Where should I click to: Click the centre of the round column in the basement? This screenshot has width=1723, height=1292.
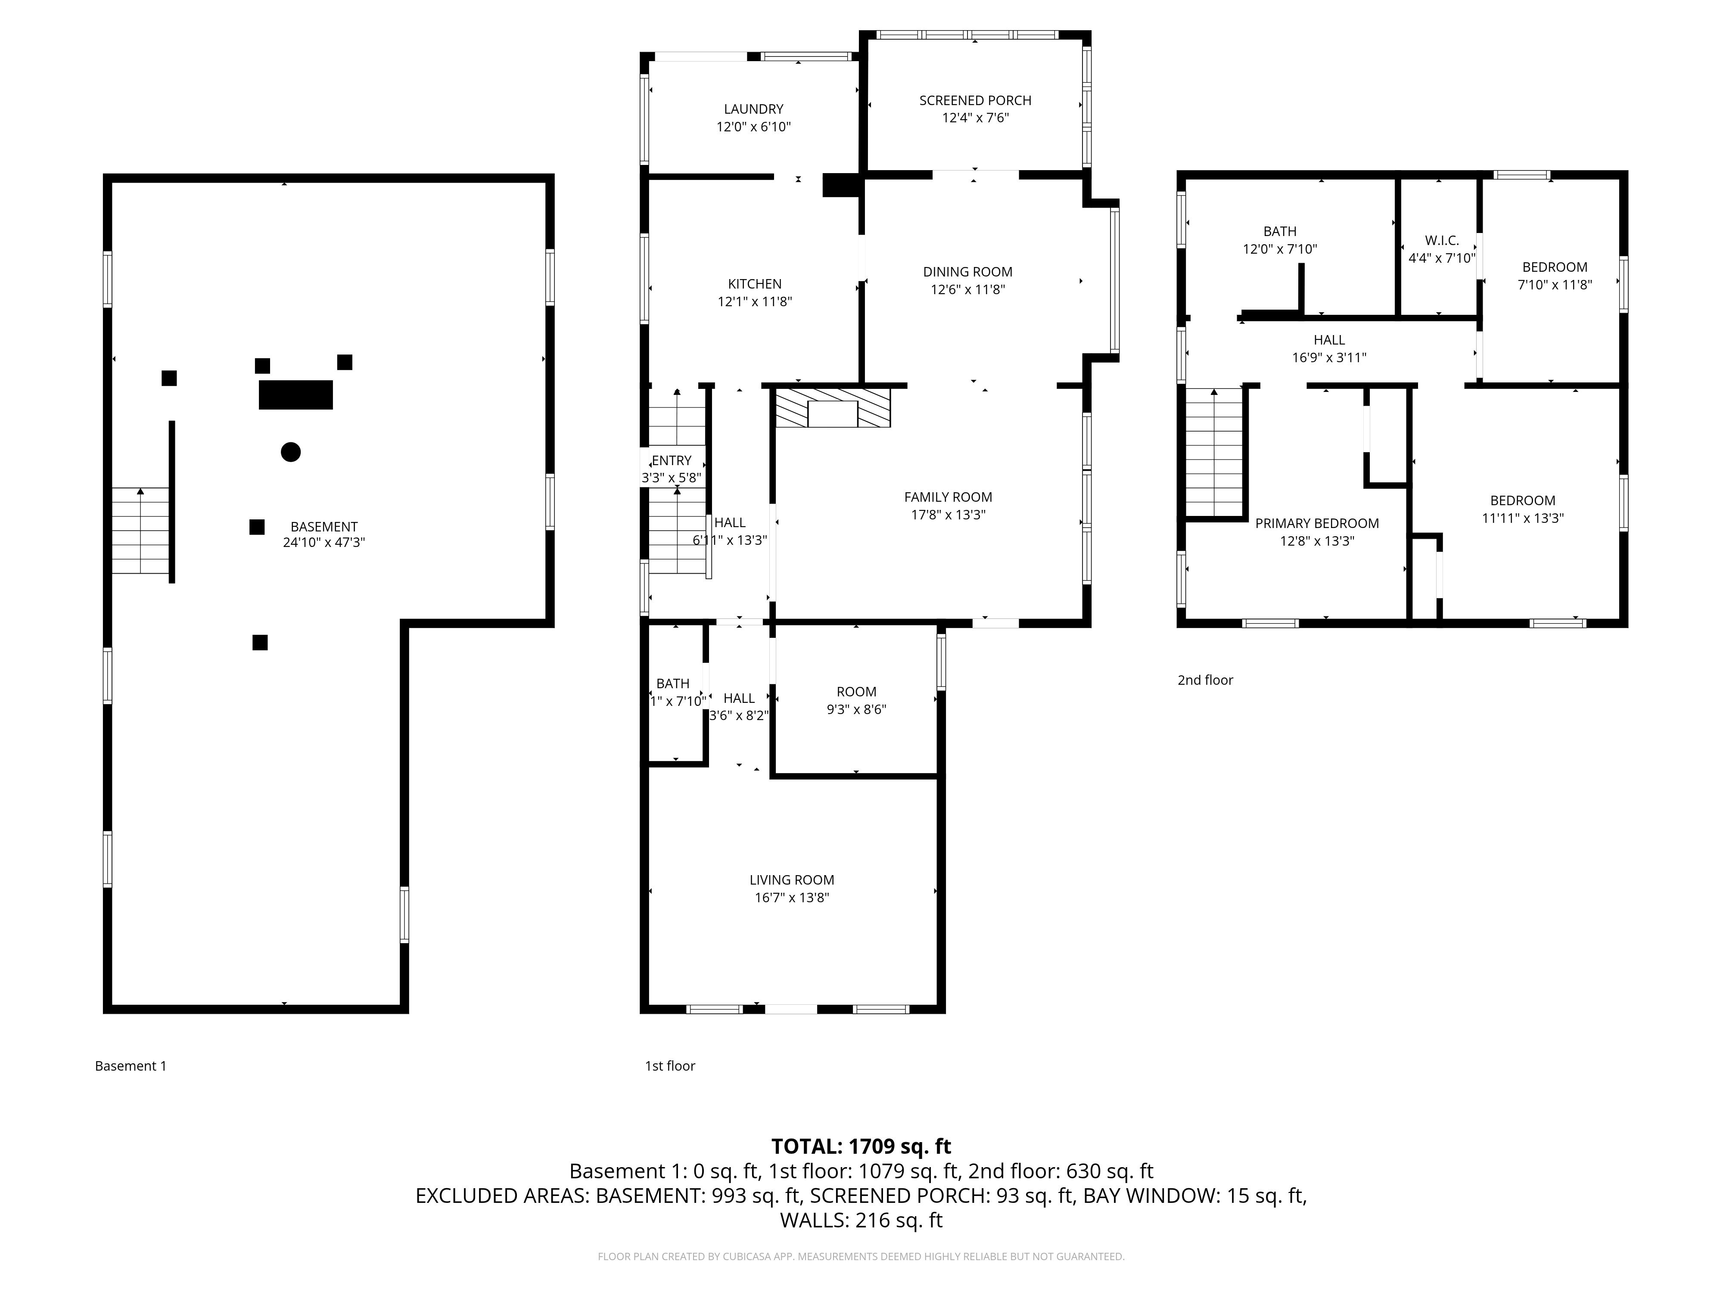(x=291, y=452)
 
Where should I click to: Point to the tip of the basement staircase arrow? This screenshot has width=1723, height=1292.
(x=140, y=488)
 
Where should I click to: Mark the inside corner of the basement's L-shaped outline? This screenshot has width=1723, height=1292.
(x=405, y=623)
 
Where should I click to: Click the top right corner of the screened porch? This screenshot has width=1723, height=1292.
(x=1087, y=35)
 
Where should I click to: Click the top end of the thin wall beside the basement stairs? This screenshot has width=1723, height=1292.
(x=172, y=422)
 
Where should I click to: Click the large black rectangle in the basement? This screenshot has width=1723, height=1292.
(x=296, y=395)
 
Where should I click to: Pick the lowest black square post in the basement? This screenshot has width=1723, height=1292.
(x=260, y=643)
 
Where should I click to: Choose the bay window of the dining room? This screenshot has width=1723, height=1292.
(x=1115, y=280)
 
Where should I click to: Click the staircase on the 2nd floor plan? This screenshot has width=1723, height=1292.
(x=1213, y=452)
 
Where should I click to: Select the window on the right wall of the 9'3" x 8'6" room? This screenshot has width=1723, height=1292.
(x=941, y=662)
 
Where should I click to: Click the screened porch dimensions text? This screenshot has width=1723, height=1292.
(x=975, y=118)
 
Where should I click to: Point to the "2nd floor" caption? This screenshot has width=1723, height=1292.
(x=1205, y=680)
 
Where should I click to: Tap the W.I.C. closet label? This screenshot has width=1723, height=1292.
(x=1442, y=241)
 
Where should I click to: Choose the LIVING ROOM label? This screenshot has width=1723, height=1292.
(x=791, y=880)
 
